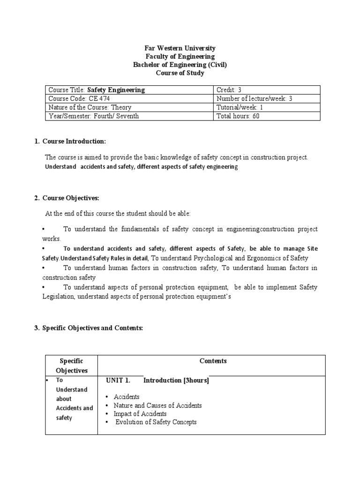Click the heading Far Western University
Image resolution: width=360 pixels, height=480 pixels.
pos(180,48)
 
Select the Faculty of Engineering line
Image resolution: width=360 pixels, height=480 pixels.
pos(180,57)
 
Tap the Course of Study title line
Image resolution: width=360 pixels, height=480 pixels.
pos(180,74)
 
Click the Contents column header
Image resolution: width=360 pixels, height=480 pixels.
pos(213,361)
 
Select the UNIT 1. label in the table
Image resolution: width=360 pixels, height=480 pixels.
pos(118,381)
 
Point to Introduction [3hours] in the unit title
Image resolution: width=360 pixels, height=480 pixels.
pos(176,381)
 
